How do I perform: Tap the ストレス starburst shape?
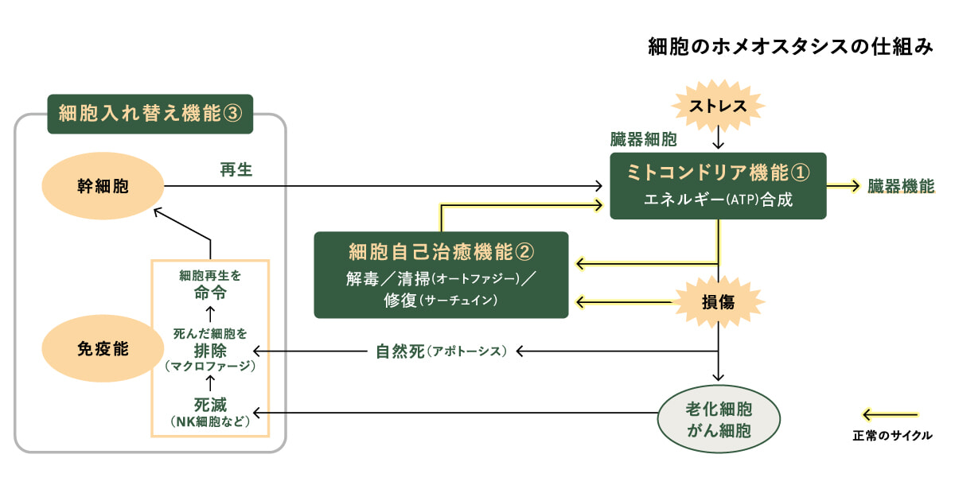coord(719,106)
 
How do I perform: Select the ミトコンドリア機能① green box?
coord(719,185)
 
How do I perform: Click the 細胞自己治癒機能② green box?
coord(441,274)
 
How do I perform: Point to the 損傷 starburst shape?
coord(719,302)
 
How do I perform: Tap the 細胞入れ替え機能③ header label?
coord(150,114)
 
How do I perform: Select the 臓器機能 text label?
coord(901,187)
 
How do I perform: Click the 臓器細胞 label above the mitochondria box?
coord(644,141)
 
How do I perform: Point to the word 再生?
coord(236,169)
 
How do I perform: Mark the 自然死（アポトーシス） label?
coord(441,351)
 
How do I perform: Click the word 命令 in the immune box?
coord(210,292)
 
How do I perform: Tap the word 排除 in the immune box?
coord(210,351)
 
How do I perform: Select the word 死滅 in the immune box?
coord(210,404)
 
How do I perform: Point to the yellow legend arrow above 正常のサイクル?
coord(891,414)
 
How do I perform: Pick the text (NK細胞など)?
coord(210,421)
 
